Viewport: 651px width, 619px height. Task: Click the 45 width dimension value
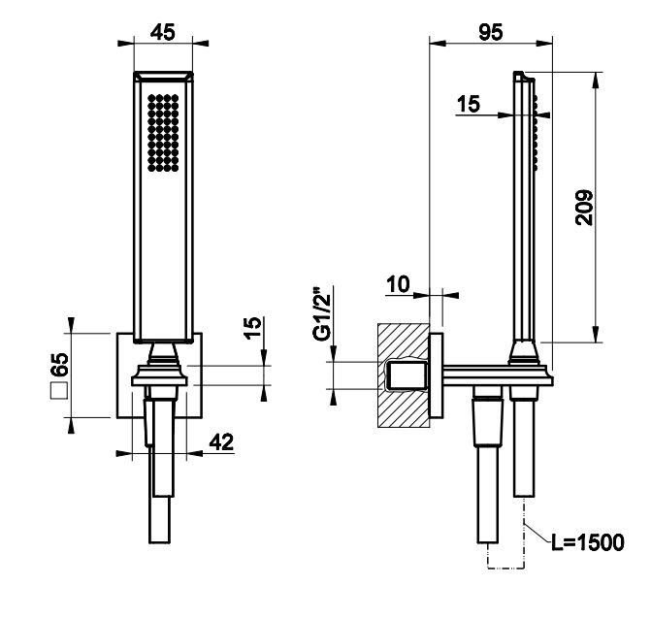[x=163, y=32]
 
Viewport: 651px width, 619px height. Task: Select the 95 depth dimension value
[x=490, y=32]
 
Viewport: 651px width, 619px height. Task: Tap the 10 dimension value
[x=398, y=283]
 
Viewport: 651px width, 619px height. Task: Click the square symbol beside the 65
[x=58, y=392]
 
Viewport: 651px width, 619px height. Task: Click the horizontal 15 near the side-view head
[x=469, y=105]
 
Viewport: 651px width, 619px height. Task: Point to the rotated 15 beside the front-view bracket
[x=250, y=330]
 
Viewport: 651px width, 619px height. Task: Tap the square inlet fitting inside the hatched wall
[x=407, y=375]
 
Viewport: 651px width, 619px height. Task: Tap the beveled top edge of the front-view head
[x=163, y=78]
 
